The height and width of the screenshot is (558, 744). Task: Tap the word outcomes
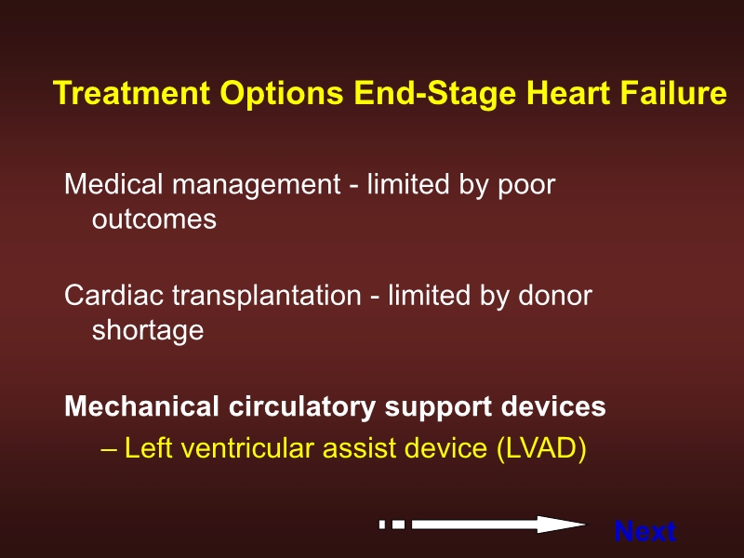click(x=153, y=219)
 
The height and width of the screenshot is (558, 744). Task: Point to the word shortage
click(x=147, y=330)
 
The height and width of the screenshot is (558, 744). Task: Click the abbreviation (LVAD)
click(x=541, y=448)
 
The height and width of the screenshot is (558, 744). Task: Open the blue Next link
click(x=644, y=532)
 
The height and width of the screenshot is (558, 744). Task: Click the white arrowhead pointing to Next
click(x=564, y=525)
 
